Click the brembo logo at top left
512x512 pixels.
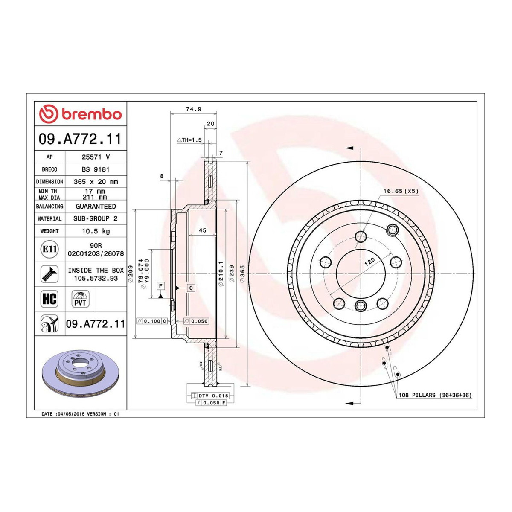(x=80, y=114)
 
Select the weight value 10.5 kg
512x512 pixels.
(x=96, y=231)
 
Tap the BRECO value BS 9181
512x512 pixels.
(x=96, y=169)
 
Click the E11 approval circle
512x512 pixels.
(x=49, y=249)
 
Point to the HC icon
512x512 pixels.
(x=49, y=299)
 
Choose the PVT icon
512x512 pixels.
(x=80, y=299)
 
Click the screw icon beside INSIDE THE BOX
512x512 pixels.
(x=49, y=274)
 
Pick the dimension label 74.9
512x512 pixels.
(x=194, y=109)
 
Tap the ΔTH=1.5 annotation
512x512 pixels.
(x=189, y=140)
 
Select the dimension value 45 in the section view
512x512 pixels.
(x=203, y=230)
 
